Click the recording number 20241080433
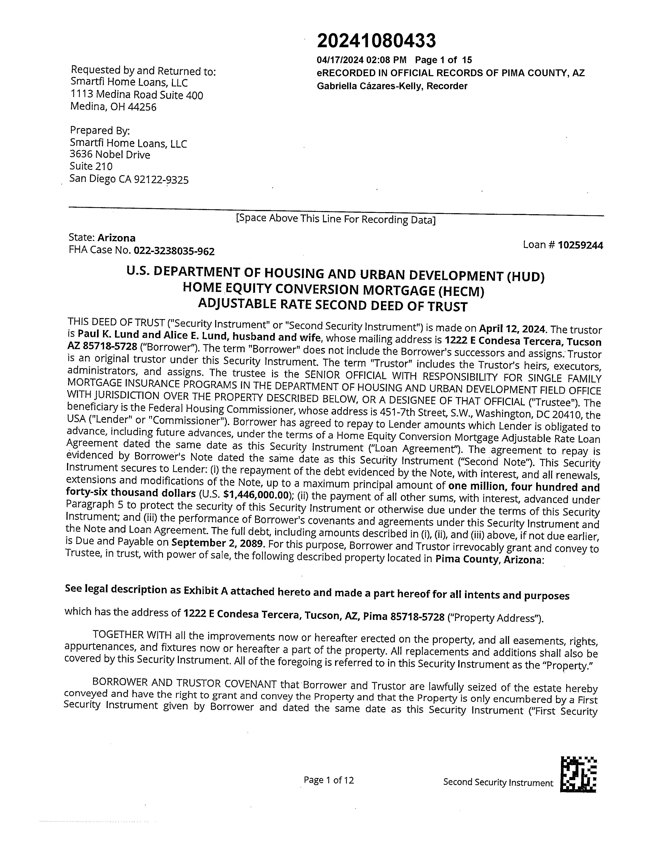click(x=376, y=41)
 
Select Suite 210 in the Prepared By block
click(x=91, y=166)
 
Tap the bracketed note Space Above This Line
click(x=335, y=219)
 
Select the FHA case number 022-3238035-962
click(x=174, y=251)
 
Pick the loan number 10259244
click(x=580, y=245)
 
